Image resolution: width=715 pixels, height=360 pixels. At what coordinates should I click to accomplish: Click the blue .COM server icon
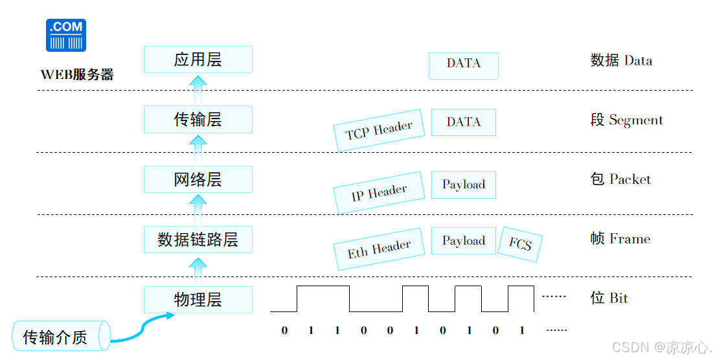click(66, 35)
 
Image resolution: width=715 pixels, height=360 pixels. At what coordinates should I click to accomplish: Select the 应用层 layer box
click(198, 60)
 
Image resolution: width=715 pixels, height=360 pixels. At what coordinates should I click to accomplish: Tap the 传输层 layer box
click(198, 120)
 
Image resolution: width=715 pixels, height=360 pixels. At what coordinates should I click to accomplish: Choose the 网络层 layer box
click(198, 179)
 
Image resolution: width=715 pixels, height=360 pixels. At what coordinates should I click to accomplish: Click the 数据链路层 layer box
click(198, 240)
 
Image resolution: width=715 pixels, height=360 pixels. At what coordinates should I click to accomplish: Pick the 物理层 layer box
click(198, 300)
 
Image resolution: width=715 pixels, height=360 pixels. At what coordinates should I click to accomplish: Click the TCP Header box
click(379, 130)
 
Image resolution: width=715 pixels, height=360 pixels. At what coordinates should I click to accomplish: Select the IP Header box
click(379, 192)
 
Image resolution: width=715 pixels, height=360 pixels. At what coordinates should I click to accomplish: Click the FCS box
click(520, 244)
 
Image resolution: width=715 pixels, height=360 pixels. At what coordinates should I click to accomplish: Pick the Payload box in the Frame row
click(463, 241)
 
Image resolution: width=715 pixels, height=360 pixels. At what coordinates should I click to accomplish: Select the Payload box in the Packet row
click(463, 185)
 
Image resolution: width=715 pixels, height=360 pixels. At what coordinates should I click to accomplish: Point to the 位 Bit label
click(609, 298)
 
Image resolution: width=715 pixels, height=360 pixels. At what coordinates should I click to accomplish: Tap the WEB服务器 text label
click(77, 74)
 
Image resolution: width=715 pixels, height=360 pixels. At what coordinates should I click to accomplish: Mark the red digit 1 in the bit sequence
click(416, 330)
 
